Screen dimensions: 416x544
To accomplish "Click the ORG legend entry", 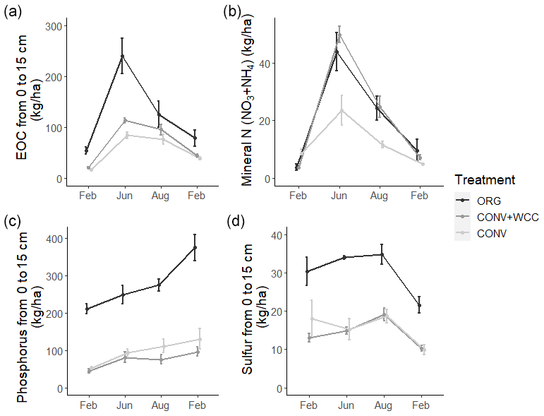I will point(488,201).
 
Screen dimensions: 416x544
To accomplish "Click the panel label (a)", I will point(12,11).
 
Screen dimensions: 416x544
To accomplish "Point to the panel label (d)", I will point(234,221).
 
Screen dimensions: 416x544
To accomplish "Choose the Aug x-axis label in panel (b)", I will point(380,195).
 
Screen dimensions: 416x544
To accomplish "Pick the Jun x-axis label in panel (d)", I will point(346,405).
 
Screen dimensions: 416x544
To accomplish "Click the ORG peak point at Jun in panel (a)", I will point(122,56).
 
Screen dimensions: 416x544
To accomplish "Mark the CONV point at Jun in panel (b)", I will point(340,110).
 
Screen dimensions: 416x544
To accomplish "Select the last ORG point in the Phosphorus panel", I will point(195,248).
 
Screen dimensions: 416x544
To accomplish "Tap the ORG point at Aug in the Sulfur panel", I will point(382,254).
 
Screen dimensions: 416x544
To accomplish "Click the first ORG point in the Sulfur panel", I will point(307,271).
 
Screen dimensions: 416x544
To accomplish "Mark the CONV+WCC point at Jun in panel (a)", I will point(124,120).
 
